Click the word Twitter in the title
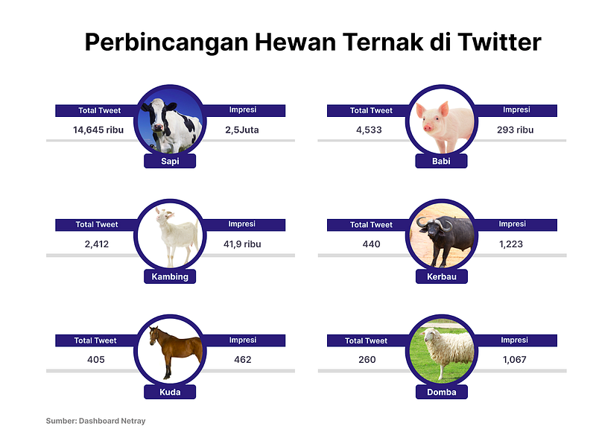point(499,42)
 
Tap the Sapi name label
point(170,161)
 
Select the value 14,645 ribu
point(98,130)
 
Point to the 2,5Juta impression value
point(241,130)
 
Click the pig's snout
point(428,127)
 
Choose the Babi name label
point(441,161)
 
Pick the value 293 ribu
point(515,130)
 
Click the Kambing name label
point(170,276)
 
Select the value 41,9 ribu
point(242,244)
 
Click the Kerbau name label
point(442,276)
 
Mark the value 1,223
point(511,244)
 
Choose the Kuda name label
point(170,392)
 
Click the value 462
point(243,360)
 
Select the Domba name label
point(442,392)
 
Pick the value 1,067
point(515,360)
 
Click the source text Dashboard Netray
point(112,421)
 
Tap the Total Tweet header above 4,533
point(371,110)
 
